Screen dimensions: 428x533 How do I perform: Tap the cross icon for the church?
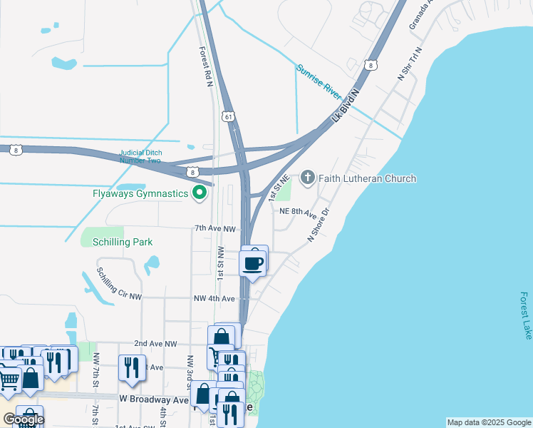[x=308, y=177]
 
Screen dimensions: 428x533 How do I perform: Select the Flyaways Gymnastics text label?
[x=140, y=193]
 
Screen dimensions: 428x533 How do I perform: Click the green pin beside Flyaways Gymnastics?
[x=200, y=193]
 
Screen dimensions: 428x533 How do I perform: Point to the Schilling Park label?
[x=123, y=242]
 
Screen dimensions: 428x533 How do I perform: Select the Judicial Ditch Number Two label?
[x=140, y=156]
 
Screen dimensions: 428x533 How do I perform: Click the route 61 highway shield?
[x=227, y=116]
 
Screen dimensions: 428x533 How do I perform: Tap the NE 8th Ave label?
[x=297, y=213]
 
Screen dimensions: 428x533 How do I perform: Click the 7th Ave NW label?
[x=215, y=229]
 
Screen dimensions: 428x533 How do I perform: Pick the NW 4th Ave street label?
[x=214, y=298]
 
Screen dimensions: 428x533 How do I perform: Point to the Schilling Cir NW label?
[x=120, y=284]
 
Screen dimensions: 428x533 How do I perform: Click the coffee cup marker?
[x=253, y=263]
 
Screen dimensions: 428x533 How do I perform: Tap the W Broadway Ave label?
[x=154, y=399]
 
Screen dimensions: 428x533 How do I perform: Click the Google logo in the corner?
[x=24, y=419]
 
